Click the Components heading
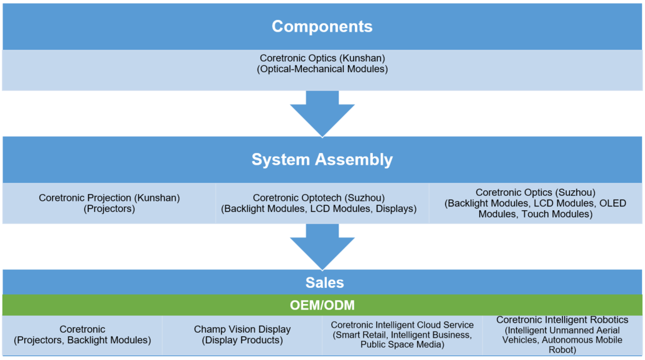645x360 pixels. (x=322, y=26)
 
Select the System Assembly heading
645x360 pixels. (x=322, y=160)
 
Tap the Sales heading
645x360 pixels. (x=324, y=283)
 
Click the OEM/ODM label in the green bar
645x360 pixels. (x=322, y=305)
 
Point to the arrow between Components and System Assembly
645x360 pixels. (x=322, y=114)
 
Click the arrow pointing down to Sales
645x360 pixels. (x=322, y=247)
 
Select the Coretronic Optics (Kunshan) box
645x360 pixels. (x=322, y=70)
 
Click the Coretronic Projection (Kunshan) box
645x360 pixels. (x=109, y=203)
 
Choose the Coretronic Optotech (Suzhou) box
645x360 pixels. (x=322, y=203)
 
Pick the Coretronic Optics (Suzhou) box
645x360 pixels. (x=535, y=203)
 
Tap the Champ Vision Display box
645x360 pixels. (x=242, y=335)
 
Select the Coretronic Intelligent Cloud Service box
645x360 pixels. (x=402, y=335)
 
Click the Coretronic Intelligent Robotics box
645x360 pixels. (x=562, y=335)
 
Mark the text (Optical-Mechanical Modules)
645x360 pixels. (x=322, y=69)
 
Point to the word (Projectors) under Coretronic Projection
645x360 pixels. (x=109, y=209)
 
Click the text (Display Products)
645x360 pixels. (x=242, y=340)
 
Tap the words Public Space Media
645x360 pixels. (x=402, y=345)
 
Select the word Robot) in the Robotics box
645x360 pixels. (x=562, y=350)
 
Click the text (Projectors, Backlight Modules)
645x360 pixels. (x=82, y=340)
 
